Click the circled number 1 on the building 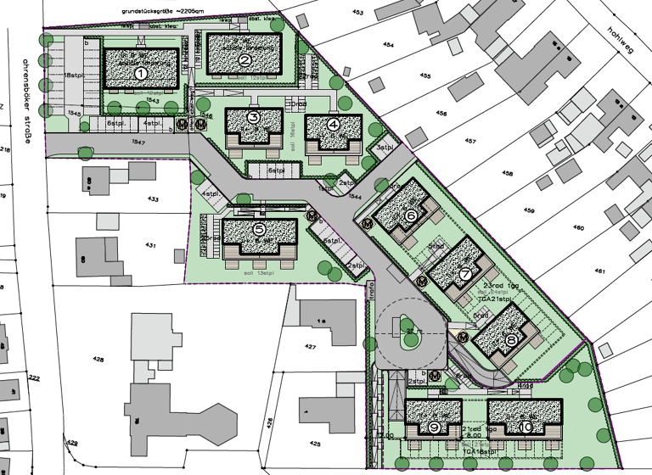click(141, 74)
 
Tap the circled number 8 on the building click(511, 339)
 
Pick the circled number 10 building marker click(526, 427)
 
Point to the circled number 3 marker click(253, 118)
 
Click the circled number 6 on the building click(412, 215)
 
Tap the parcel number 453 click(357, 13)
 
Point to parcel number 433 click(153, 199)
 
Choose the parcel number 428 click(99, 360)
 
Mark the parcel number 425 click(316, 444)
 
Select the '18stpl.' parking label click(72, 76)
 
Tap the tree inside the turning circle click(410, 340)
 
